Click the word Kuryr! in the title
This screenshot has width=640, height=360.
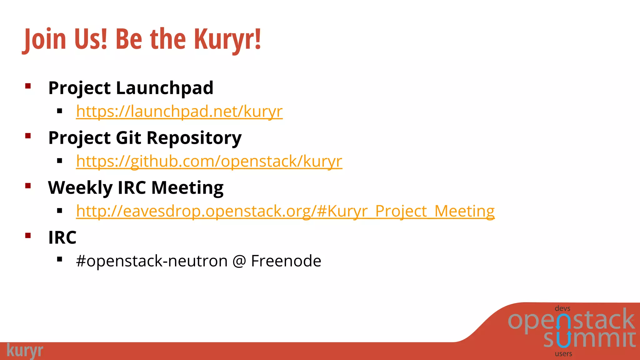pyautogui.click(x=227, y=39)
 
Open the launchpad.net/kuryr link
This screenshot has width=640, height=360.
pyautogui.click(x=179, y=111)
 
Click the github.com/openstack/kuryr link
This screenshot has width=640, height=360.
pyautogui.click(x=209, y=161)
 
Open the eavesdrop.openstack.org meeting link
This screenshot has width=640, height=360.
pyautogui.click(x=285, y=211)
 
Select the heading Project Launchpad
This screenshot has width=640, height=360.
pyautogui.click(x=131, y=88)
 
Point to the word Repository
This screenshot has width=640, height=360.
pyautogui.click(x=194, y=138)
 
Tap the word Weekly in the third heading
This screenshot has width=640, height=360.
pyautogui.click(x=80, y=188)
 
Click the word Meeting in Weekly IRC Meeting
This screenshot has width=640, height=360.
pyautogui.click(x=187, y=188)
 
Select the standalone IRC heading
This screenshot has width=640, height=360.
pyautogui.click(x=62, y=237)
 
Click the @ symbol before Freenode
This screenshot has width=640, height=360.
pyautogui.click(x=239, y=261)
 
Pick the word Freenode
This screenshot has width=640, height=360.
pyautogui.click(x=286, y=261)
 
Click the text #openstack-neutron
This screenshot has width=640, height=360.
pyautogui.click(x=152, y=261)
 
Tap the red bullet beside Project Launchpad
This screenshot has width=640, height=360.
pyautogui.click(x=28, y=86)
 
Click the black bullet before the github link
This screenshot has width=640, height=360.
pyautogui.click(x=60, y=161)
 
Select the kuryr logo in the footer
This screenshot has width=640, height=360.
pyautogui.click(x=25, y=351)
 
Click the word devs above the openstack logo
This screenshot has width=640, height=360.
pyautogui.click(x=562, y=308)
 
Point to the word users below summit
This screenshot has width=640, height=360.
pyautogui.click(x=563, y=354)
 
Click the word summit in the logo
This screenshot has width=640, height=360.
pyautogui.click(x=589, y=339)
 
